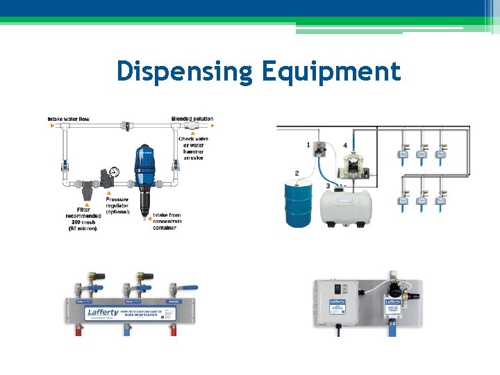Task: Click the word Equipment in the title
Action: [331, 72]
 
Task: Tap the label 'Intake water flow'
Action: [68, 119]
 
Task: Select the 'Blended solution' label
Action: [192, 119]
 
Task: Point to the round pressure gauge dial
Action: [115, 171]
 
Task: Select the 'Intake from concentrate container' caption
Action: [167, 221]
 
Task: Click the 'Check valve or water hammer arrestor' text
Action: [193, 148]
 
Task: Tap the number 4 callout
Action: [345, 146]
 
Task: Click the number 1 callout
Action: [308, 144]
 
